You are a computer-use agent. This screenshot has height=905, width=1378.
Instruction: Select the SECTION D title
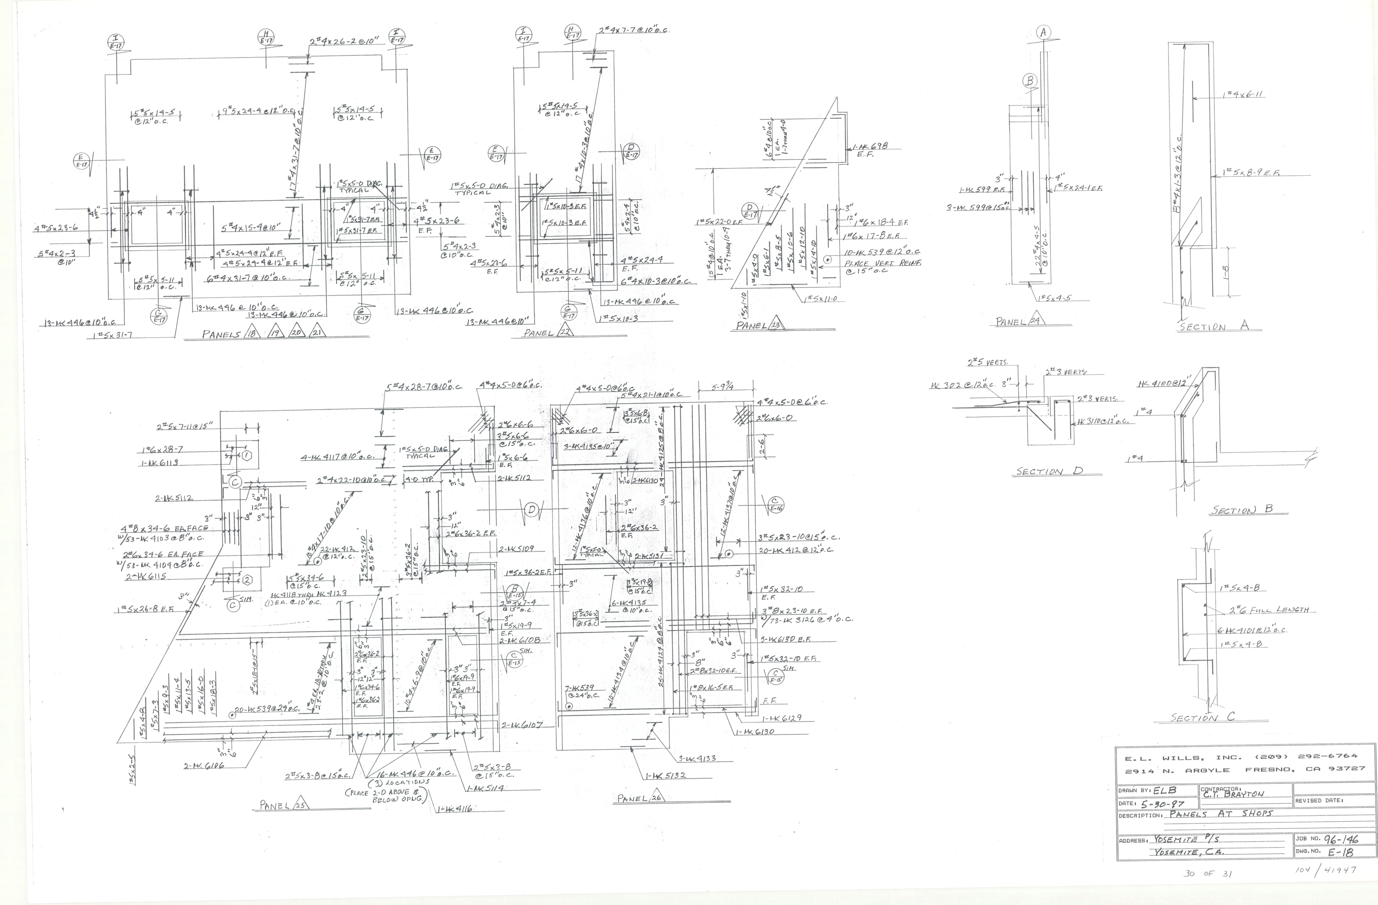click(1049, 471)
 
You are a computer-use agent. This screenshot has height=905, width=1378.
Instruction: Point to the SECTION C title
click(1202, 717)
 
